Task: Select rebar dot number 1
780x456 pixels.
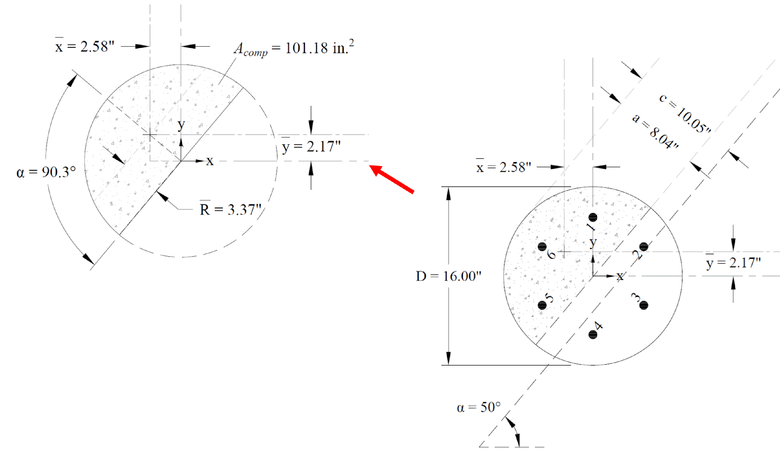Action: tap(593, 217)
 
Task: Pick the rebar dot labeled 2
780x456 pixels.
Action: tap(644, 247)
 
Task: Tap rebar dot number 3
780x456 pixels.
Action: tap(644, 305)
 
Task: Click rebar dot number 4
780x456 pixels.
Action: tap(593, 334)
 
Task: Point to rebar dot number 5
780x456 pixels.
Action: tap(542, 305)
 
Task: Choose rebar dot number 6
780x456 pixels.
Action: tap(542, 247)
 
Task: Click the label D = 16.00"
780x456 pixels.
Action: tap(448, 276)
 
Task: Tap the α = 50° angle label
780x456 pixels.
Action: tap(478, 407)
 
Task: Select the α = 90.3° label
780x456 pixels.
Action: tap(46, 172)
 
